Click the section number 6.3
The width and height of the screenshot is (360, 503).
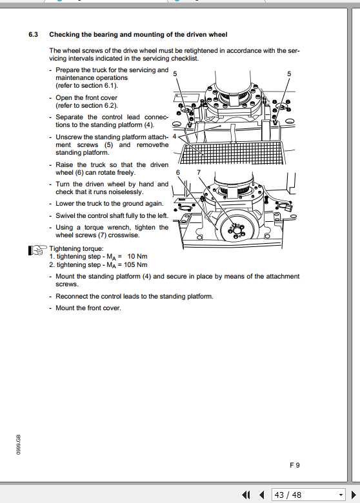(x=34, y=34)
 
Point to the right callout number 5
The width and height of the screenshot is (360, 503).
(x=289, y=74)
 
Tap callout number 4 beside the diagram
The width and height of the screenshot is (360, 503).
(x=174, y=137)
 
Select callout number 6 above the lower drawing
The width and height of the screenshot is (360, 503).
(x=177, y=172)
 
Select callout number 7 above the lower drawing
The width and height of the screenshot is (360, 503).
(x=199, y=172)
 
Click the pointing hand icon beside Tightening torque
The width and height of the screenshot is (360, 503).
(x=38, y=250)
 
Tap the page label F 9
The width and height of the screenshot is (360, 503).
(x=294, y=464)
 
